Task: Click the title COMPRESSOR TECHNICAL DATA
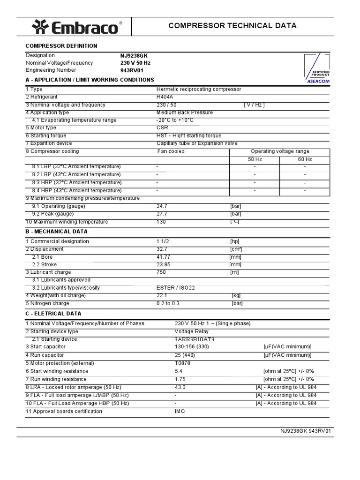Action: (x=232, y=26)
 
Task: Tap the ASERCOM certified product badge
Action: (x=318, y=68)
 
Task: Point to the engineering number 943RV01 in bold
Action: (x=131, y=70)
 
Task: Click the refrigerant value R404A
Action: (x=165, y=97)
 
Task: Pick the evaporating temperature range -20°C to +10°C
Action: (x=175, y=120)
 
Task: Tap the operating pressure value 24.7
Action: (x=162, y=206)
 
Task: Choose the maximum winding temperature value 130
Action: (x=161, y=222)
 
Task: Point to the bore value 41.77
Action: (x=163, y=257)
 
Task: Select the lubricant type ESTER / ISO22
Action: (x=175, y=288)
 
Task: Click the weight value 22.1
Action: (x=162, y=296)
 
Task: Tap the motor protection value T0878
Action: (x=182, y=363)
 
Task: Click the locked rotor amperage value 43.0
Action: (x=180, y=388)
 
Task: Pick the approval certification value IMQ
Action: (x=180, y=412)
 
